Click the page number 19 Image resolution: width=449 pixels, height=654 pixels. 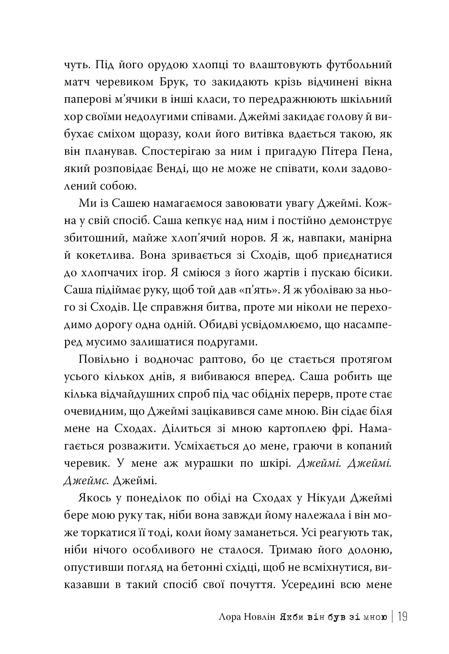(403, 617)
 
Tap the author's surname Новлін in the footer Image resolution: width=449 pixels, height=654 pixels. (258, 618)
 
